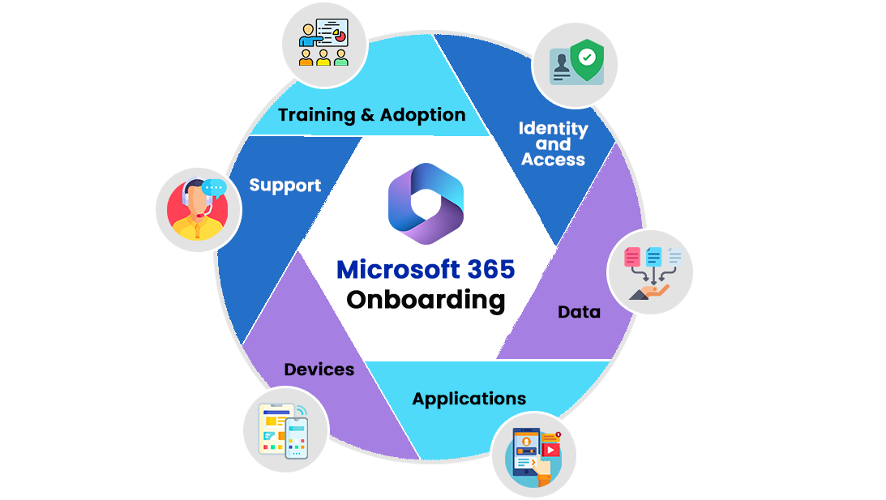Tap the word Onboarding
[x=426, y=299]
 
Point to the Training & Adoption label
[x=372, y=115]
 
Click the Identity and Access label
[x=554, y=143]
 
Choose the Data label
[x=579, y=311]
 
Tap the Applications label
[x=469, y=399]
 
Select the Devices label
[x=319, y=370]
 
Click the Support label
[x=285, y=186]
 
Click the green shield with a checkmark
[x=586, y=58]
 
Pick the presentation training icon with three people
[x=323, y=43]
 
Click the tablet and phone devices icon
[x=284, y=429]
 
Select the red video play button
[x=551, y=447]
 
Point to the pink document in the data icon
[x=632, y=257]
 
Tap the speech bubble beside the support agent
[x=214, y=187]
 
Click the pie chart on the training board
[x=340, y=36]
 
